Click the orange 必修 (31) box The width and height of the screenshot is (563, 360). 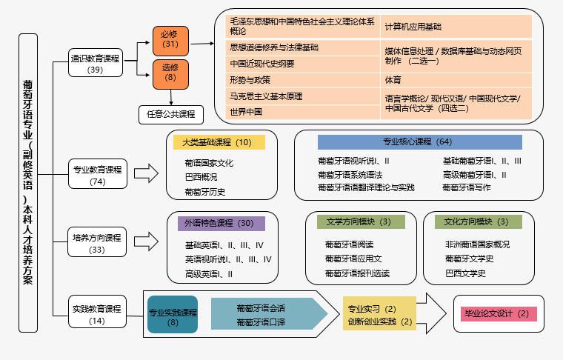coord(170,40)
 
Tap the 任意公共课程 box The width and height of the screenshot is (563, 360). coord(170,114)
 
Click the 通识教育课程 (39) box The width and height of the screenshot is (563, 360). coord(96,64)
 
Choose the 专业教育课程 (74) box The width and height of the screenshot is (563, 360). coord(97,175)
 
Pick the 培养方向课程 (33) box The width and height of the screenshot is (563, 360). coord(97,243)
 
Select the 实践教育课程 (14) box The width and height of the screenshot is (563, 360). coord(97,314)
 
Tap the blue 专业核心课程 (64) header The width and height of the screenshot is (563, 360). coord(419,141)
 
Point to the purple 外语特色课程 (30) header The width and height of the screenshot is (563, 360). coord(220,223)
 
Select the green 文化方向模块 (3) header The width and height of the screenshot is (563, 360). coord(476,221)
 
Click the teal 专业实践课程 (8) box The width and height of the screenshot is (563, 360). coord(173,316)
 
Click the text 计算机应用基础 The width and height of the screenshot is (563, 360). coord(413,26)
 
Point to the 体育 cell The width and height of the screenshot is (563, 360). coord(393,79)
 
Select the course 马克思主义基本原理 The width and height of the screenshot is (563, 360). coord(265,96)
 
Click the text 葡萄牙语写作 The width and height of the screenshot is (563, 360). coord(467,188)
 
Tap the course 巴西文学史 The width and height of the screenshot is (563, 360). coord(465,273)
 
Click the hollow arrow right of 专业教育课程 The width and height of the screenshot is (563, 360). coord(147,175)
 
